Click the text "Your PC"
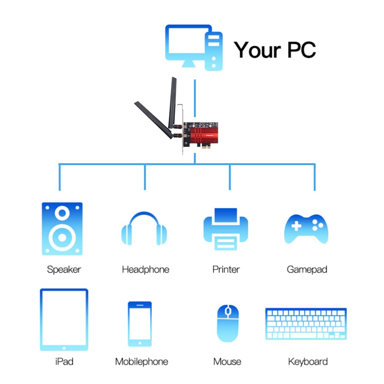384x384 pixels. click(x=275, y=50)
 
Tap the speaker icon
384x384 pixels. click(x=62, y=229)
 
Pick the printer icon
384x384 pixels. click(x=226, y=229)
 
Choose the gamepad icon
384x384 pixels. click(x=306, y=229)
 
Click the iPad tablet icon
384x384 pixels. click(x=64, y=319)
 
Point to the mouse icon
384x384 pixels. click(x=228, y=323)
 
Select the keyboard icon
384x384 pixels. click(x=306, y=323)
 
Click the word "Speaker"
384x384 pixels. click(x=64, y=270)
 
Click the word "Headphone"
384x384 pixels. click(x=146, y=270)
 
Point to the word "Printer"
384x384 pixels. click(x=226, y=270)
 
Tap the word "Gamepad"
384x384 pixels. click(x=307, y=270)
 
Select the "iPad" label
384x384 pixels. click(x=64, y=361)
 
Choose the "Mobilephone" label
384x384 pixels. click(x=142, y=361)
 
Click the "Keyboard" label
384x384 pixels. click(x=308, y=361)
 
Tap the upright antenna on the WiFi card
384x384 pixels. click(x=172, y=102)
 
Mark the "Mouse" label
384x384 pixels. click(x=227, y=361)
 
